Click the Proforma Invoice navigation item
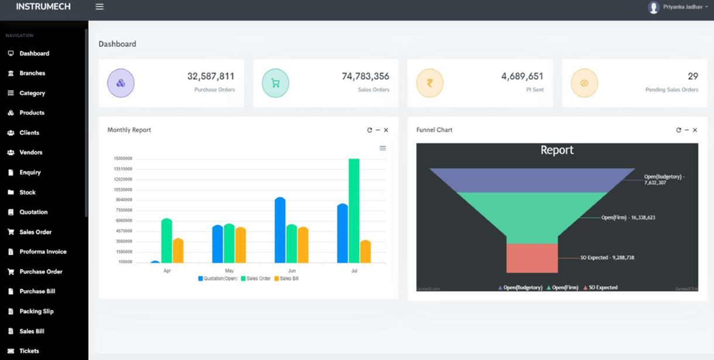(42, 252)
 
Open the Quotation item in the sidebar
(33, 212)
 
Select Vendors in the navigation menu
(30, 152)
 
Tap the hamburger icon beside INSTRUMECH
(99, 7)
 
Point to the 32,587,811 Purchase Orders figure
(211, 76)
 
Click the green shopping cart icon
(275, 83)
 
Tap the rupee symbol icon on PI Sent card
(430, 83)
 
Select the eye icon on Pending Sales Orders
(584, 83)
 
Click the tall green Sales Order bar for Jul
(354, 211)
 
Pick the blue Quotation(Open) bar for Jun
(280, 230)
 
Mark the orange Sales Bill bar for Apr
(178, 251)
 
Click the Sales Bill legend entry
(286, 279)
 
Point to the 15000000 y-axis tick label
(123, 159)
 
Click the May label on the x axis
(229, 271)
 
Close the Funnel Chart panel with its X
(695, 130)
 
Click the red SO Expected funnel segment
(532, 258)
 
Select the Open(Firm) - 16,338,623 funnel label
(628, 218)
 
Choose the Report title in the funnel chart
(557, 150)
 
